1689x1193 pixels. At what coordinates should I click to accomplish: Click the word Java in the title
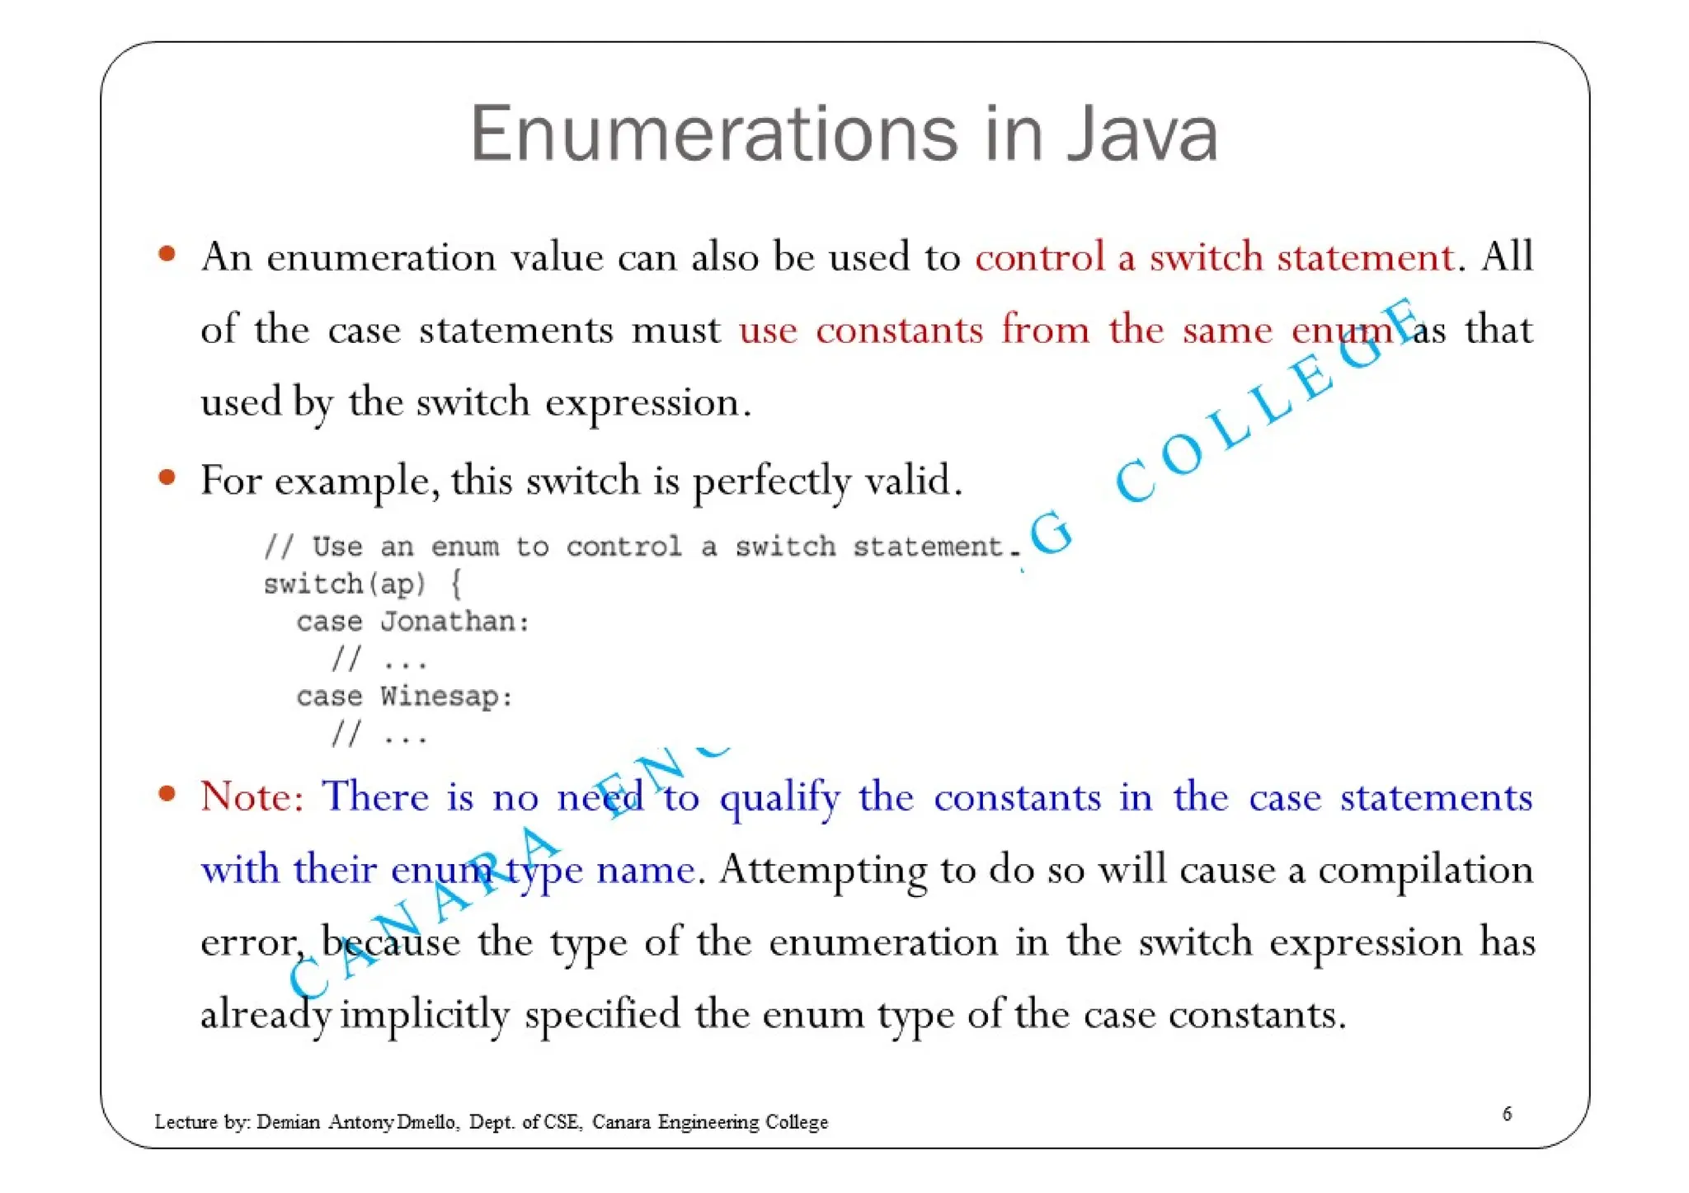(1141, 134)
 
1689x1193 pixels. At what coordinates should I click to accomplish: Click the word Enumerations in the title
(714, 134)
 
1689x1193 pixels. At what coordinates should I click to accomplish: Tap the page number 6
(1507, 1114)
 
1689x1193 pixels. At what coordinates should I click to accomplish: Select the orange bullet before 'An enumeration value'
(167, 254)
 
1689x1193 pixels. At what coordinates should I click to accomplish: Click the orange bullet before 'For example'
(167, 477)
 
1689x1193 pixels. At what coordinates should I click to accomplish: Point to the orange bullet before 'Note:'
(167, 794)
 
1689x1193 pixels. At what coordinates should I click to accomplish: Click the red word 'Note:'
(252, 797)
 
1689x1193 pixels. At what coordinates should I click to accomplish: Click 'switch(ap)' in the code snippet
(345, 585)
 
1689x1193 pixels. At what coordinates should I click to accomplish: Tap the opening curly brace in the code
(456, 585)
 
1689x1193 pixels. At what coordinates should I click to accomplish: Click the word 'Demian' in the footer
(288, 1122)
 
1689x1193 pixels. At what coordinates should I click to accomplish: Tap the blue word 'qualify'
(779, 798)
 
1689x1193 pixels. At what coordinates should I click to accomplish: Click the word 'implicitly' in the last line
(425, 1015)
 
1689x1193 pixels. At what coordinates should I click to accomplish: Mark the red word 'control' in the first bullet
(1039, 256)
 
